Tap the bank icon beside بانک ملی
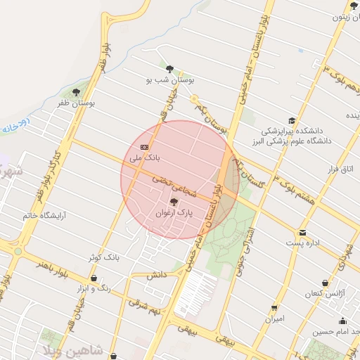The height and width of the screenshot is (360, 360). pos(145,147)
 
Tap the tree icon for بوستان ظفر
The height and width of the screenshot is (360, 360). pos(77,92)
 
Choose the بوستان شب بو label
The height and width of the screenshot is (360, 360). pos(169,81)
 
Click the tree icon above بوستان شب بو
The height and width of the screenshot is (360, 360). pos(169,69)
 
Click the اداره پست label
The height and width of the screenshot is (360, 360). pos(303,243)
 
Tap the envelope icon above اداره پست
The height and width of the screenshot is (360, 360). pos(303,232)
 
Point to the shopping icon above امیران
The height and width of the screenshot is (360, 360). pos(274,307)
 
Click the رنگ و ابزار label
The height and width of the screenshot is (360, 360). pos(94,289)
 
